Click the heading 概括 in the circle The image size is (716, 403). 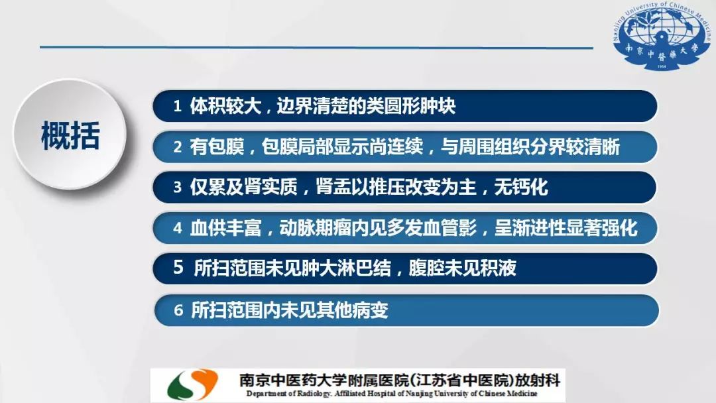click(x=70, y=136)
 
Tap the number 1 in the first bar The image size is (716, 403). click(x=177, y=107)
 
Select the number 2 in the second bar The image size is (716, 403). click(x=178, y=147)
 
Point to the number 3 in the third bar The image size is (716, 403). click(x=178, y=187)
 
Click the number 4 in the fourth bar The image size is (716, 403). click(x=178, y=228)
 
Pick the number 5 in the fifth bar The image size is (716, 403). click(x=178, y=267)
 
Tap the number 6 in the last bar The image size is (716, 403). click(x=178, y=310)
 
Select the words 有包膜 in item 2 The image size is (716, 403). click(x=217, y=147)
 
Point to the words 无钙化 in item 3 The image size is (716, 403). click(x=521, y=187)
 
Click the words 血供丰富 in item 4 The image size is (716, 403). click(x=225, y=228)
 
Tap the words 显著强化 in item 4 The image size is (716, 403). click(x=601, y=228)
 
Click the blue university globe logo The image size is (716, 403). click(x=662, y=36)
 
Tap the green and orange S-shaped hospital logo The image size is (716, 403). click(x=192, y=384)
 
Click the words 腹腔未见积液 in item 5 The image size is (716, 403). click(x=462, y=268)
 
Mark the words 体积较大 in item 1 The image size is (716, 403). click(x=225, y=106)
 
